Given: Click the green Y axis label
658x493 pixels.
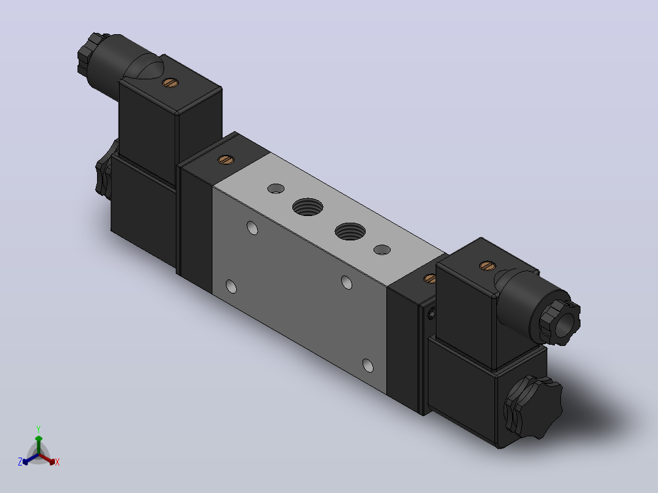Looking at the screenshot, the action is click(x=38, y=429).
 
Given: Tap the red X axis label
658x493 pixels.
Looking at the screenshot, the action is click(x=57, y=462).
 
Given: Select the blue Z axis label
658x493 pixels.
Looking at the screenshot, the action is click(x=20, y=461).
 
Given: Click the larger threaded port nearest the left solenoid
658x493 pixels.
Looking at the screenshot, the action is click(x=308, y=207).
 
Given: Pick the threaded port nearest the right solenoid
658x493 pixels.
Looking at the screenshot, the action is click(x=350, y=231).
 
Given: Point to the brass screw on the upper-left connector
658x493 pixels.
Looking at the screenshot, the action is click(x=170, y=82).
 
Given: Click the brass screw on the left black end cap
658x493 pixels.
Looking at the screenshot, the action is click(x=226, y=159).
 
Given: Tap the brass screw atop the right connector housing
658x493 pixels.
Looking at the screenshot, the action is click(x=487, y=265).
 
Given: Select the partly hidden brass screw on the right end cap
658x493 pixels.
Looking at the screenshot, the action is click(x=430, y=279).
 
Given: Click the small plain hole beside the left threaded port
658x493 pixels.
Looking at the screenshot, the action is click(x=276, y=189).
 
